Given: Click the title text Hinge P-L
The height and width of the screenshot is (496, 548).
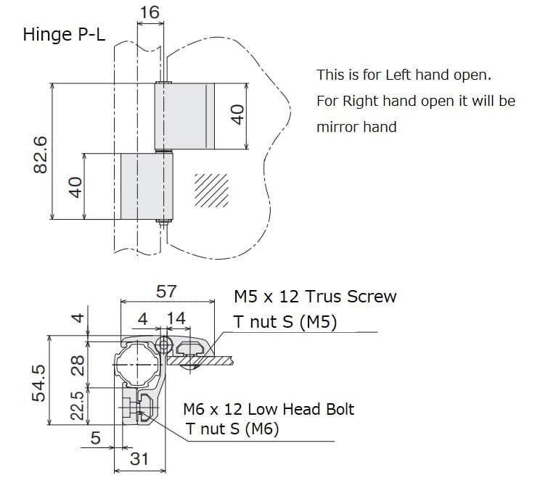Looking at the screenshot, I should (65, 35).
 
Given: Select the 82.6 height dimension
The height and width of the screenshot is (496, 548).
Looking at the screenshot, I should (40, 153).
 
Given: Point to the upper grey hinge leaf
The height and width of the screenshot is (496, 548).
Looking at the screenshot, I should (186, 116).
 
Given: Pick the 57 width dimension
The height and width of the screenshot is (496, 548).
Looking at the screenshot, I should (166, 292).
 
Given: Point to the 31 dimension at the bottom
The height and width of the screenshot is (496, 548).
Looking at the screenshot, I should (139, 458).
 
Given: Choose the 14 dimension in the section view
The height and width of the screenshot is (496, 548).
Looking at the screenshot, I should (176, 318).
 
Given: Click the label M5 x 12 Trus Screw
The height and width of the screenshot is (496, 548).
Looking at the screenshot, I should (315, 296).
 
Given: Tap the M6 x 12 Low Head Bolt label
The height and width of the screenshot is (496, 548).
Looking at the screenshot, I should (269, 409).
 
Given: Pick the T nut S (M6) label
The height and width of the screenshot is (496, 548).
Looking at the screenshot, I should (232, 429).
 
